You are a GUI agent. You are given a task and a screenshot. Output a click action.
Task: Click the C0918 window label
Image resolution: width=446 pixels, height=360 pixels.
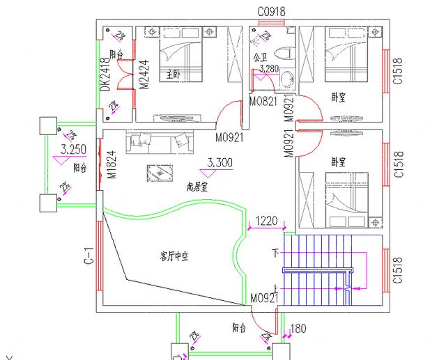[272, 12]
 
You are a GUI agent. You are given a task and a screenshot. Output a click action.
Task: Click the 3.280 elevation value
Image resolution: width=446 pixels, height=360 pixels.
[270, 68]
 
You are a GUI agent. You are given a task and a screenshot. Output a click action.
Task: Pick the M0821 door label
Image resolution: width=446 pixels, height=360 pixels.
[264, 101]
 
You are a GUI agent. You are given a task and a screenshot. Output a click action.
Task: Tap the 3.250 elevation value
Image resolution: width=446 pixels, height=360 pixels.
[74, 149]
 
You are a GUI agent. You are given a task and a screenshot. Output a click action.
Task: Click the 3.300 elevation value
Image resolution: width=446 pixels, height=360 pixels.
[220, 163]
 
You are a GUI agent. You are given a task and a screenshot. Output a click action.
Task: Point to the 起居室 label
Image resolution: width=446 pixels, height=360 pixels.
[197, 187]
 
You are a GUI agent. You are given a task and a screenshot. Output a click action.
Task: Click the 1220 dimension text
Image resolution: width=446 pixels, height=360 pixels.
[266, 221]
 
